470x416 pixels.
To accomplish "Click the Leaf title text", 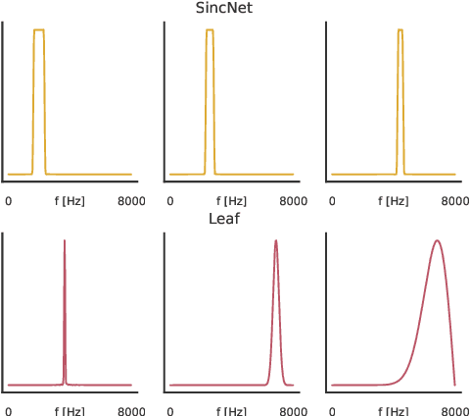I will coord(224,218).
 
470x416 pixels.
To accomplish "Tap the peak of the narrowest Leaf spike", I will coord(65,240).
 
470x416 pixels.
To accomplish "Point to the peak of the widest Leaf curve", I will coord(437,240).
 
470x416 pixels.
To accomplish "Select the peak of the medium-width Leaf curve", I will coord(276,240).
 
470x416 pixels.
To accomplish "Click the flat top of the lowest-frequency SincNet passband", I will coord(39,30).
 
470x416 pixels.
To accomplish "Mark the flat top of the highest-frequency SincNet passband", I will coord(400,30).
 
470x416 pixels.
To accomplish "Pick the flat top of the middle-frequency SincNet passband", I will coord(210,30).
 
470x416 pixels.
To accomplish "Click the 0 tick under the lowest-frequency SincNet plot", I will coord(9,201).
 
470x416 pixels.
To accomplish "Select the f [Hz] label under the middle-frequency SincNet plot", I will coord(231,201).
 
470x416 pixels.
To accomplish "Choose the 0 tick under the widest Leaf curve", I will coord(332,410).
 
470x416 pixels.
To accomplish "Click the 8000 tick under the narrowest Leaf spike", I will coord(131,410).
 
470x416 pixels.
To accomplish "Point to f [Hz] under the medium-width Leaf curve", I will coord(231,410).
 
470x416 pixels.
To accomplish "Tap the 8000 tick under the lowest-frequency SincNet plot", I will coord(131,201).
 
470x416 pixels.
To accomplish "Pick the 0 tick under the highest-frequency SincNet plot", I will coord(332,201).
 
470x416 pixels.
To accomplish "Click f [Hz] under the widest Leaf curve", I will coord(393,410).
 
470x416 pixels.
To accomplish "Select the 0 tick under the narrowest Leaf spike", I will coord(9,410).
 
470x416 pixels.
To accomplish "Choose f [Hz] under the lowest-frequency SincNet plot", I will coord(70,201).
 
